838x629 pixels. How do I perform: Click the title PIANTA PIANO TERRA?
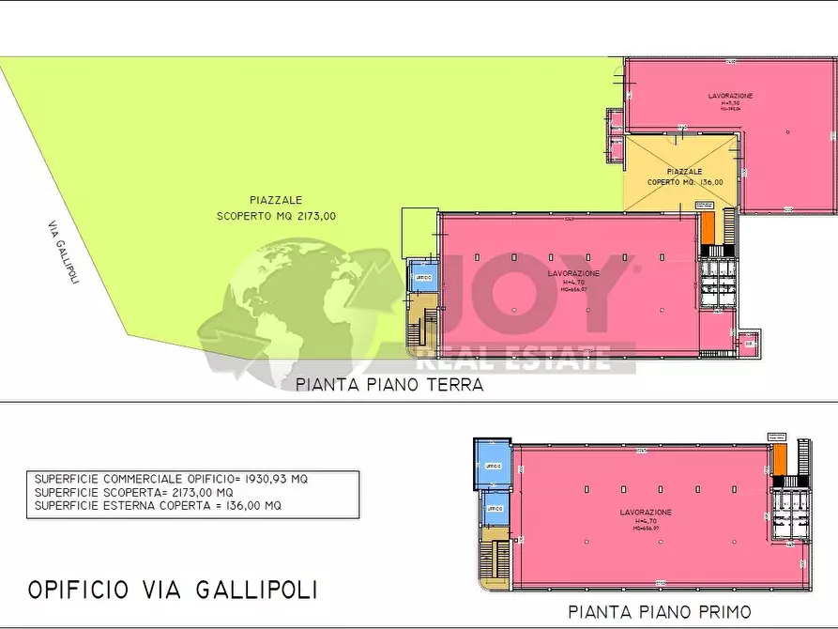389,384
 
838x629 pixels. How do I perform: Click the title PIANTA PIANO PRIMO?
673,612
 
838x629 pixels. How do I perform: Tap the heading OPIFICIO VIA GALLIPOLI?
173,590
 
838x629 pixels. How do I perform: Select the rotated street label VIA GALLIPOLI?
62,256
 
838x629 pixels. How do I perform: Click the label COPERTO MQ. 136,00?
684,182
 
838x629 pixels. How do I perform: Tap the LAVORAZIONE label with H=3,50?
730,97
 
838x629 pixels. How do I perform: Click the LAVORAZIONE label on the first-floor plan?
646,513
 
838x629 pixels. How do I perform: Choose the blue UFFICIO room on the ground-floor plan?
422,279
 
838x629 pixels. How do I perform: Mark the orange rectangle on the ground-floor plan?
708,228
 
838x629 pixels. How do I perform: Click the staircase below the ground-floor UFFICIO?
424,324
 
